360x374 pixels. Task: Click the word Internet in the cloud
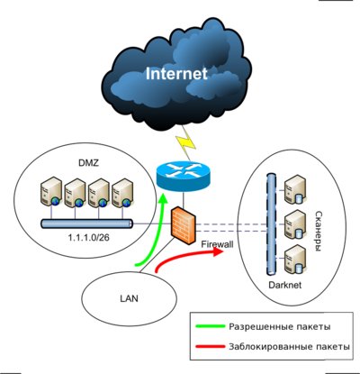pos(176,74)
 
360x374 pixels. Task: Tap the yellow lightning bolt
pos(186,143)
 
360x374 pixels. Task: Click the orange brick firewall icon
pos(184,225)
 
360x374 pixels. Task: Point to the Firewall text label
pos(217,244)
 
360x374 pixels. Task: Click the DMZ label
pos(88,163)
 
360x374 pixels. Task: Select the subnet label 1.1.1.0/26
pos(88,238)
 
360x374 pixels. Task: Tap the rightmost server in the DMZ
pos(122,193)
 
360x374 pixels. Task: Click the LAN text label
pos(129,298)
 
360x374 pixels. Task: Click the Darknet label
pos(285,285)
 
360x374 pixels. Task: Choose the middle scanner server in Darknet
pos(295,224)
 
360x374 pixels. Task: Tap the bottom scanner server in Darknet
pos(295,260)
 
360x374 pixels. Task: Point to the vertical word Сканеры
pos(319,231)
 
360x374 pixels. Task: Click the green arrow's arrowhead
pos(163,201)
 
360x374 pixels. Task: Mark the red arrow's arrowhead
pos(219,251)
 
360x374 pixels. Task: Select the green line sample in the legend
pos(210,326)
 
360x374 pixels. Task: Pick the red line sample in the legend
pos(210,347)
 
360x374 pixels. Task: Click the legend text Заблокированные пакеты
pos(289,347)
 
